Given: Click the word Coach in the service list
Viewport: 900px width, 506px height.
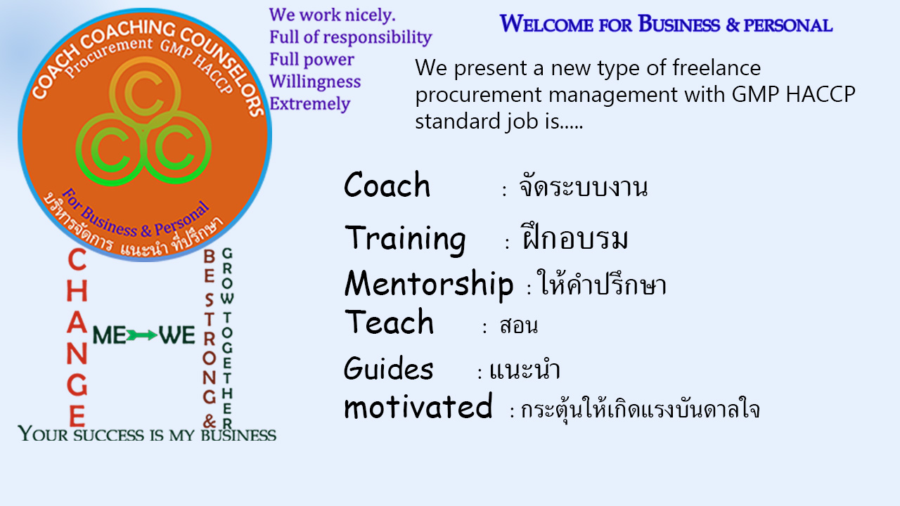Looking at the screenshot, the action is point(387,184).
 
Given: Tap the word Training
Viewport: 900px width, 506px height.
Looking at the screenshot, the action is point(405,240).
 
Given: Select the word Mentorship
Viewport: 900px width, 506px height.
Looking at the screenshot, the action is point(429,285).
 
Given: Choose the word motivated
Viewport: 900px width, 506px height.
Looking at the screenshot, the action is point(418,406).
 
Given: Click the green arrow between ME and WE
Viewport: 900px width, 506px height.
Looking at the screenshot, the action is point(142,335).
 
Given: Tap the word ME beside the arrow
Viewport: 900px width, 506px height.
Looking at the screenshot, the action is point(109,335).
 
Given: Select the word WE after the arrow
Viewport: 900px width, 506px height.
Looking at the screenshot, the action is point(176,335).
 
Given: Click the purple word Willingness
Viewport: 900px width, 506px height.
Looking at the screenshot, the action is point(315,82).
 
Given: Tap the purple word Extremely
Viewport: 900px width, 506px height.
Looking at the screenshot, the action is point(310,103).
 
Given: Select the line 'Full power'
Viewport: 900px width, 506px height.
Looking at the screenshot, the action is point(311,60).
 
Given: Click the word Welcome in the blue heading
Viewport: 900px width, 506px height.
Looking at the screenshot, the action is point(546,24).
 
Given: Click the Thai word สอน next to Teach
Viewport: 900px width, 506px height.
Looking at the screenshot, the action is point(518,325).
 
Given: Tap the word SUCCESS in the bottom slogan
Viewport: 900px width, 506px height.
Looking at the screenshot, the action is point(108,435).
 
